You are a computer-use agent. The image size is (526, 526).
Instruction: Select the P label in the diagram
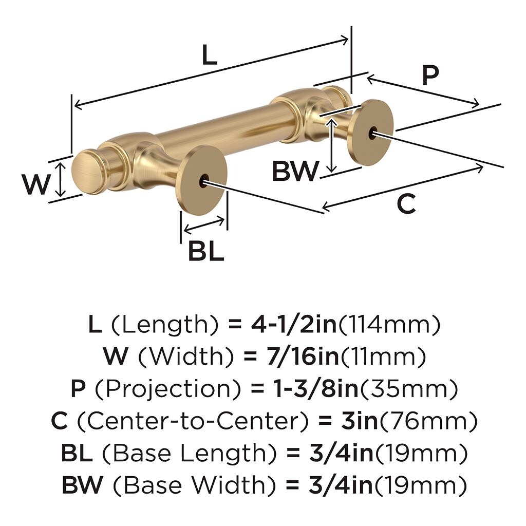(x=430, y=76)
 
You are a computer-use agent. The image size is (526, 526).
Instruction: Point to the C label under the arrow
(x=406, y=204)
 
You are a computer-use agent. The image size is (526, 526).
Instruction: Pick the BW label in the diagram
(x=295, y=172)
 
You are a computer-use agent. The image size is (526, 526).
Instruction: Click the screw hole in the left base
(x=204, y=180)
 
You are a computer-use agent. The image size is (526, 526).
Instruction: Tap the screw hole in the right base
(x=371, y=133)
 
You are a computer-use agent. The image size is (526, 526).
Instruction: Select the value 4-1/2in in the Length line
(x=293, y=325)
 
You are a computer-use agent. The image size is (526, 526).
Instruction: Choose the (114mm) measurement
(x=390, y=325)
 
